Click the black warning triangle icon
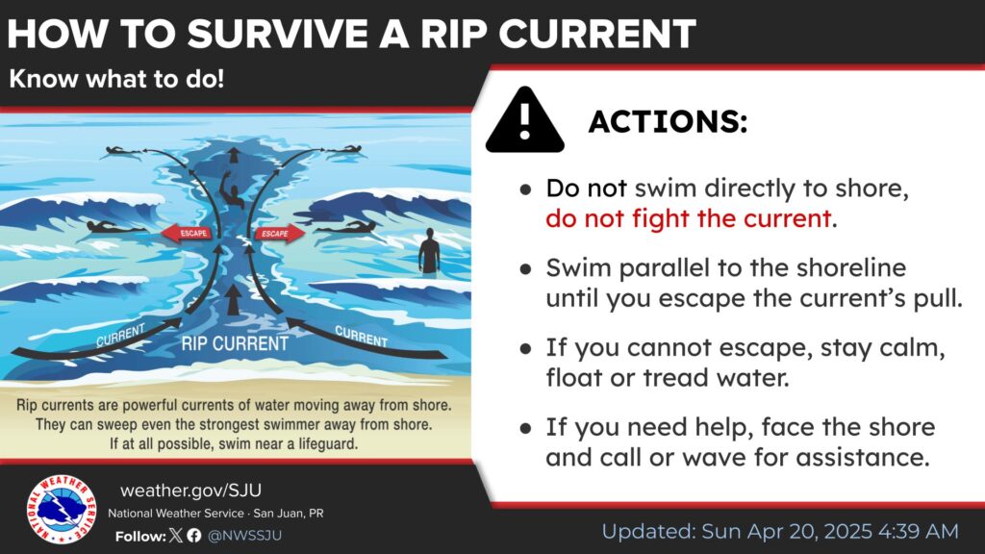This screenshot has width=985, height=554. pos(524,120)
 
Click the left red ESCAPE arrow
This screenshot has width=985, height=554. pos(186,233)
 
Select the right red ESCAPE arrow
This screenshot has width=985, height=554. pos(280,234)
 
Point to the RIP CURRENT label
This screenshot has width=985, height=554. pos(235,343)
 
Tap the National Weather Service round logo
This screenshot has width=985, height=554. pos(62,509)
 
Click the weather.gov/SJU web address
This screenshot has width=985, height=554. pos(191,490)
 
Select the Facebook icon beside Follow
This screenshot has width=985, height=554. pos(194,535)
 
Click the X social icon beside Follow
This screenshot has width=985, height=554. pos(176,535)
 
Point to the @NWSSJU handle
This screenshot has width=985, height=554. pos(244,536)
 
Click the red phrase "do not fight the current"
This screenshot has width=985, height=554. pos(689,218)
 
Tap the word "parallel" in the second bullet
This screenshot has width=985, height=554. pos(664,268)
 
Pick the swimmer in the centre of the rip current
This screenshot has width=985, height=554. pos(233,195)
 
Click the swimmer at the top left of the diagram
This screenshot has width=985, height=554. pos(123,151)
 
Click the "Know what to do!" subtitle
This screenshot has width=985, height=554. pos(116,79)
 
